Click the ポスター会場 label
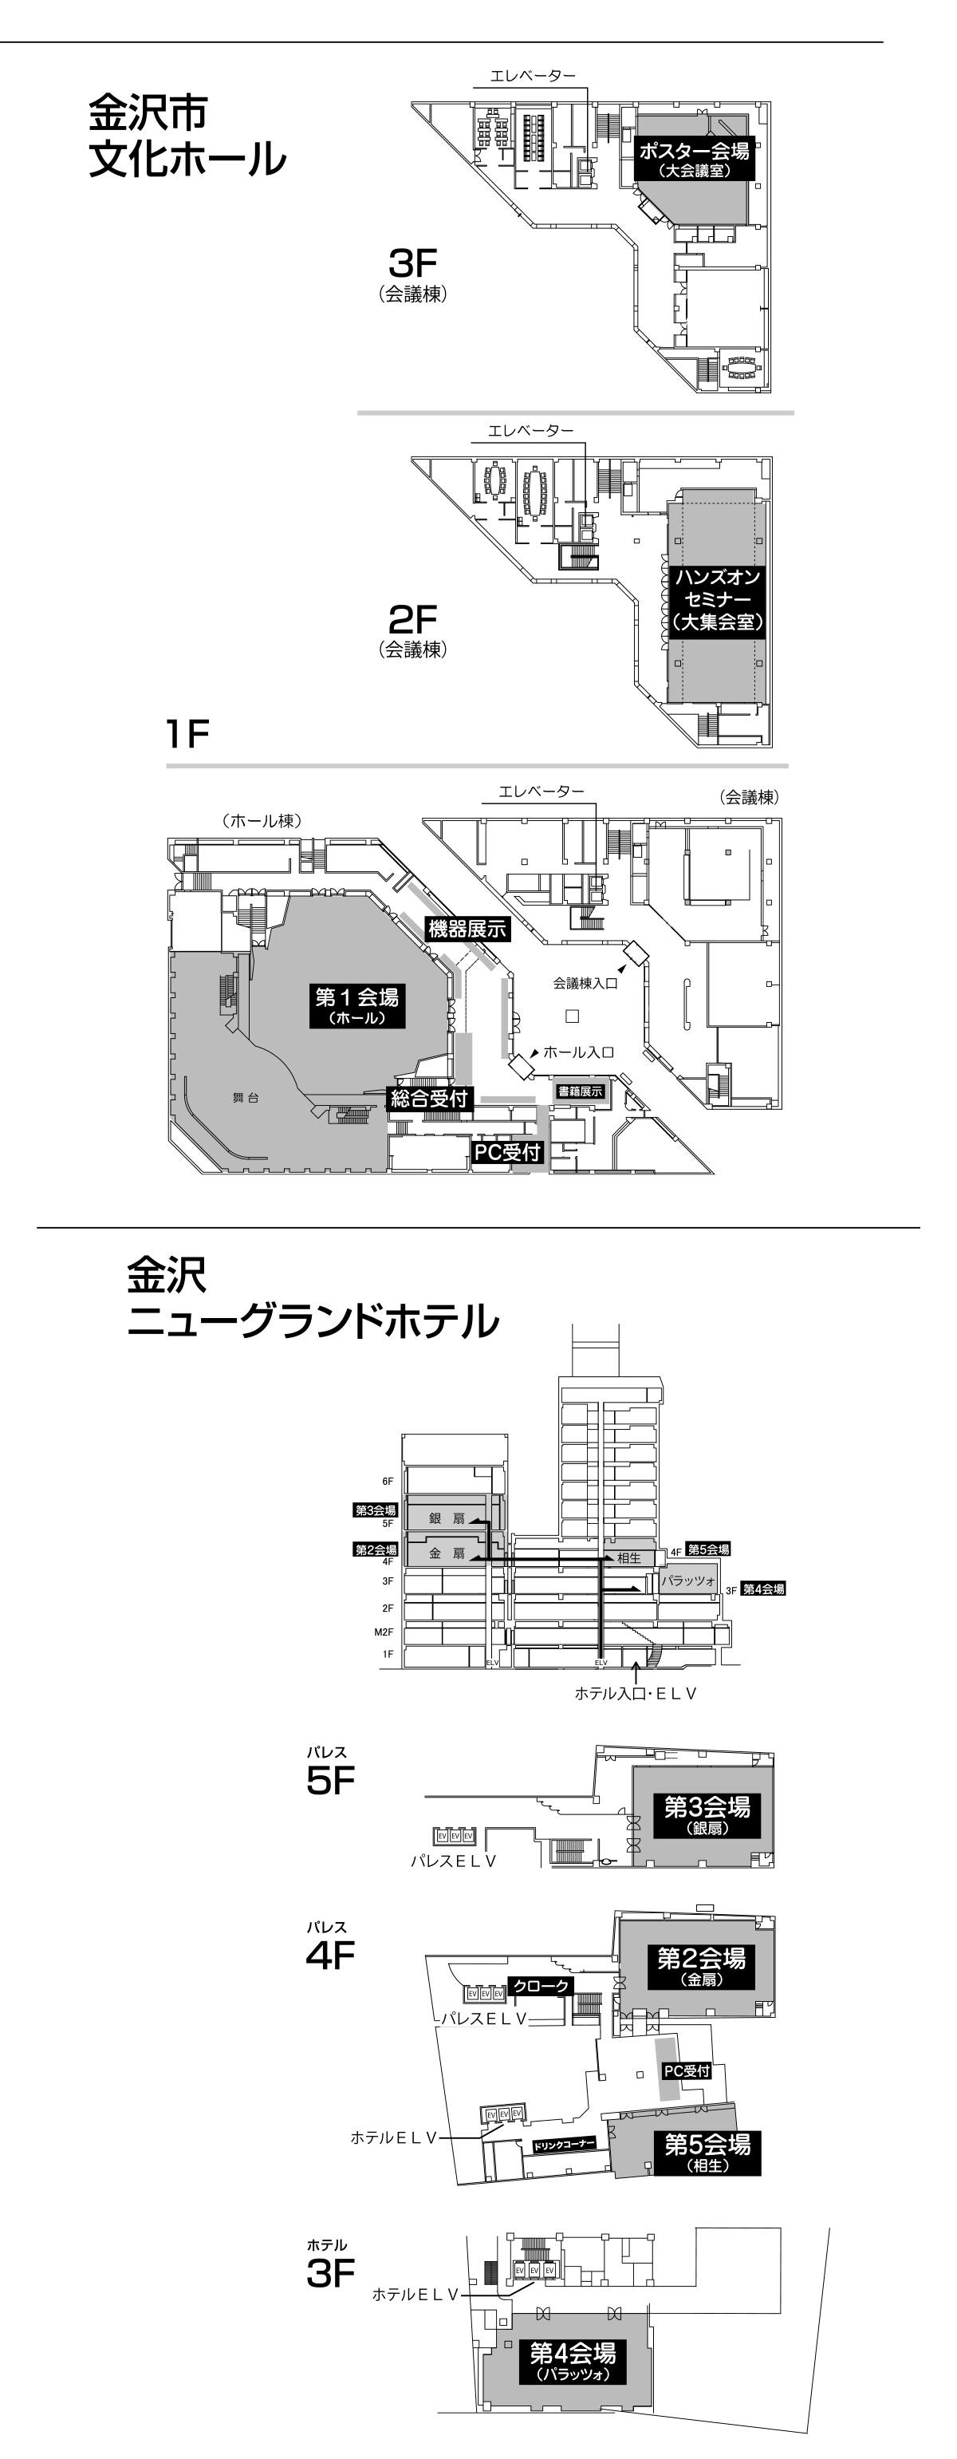coord(694,151)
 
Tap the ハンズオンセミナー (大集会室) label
coord(718,599)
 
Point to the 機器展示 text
coord(467,929)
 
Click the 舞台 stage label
coord(246,1098)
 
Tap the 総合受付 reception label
coord(429,1099)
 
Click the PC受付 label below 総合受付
coord(507,1152)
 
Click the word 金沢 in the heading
coord(167,1273)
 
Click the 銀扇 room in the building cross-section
coord(446,1518)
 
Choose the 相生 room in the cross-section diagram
coord(628,1558)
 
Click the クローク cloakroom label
coord(541,1987)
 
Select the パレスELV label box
coord(482,2019)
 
